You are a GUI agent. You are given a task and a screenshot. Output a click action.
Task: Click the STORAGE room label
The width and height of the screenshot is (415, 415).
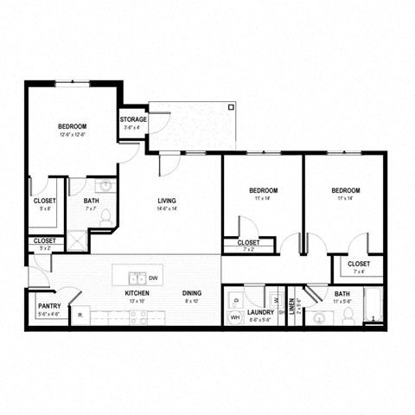coord(133,119)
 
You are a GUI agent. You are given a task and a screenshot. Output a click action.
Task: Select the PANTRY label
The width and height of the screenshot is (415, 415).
coord(48,306)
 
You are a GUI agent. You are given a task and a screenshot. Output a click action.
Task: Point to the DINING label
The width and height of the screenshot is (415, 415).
coord(192,293)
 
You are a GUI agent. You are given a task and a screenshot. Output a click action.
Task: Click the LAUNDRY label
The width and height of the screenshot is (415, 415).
coord(260,312)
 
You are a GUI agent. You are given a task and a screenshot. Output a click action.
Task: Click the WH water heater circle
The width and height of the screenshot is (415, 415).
coord(233,318)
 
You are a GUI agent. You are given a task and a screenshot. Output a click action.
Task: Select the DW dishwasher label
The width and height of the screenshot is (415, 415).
coord(152,278)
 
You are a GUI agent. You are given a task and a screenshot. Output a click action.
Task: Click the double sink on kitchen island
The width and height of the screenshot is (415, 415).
coord(136,278)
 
